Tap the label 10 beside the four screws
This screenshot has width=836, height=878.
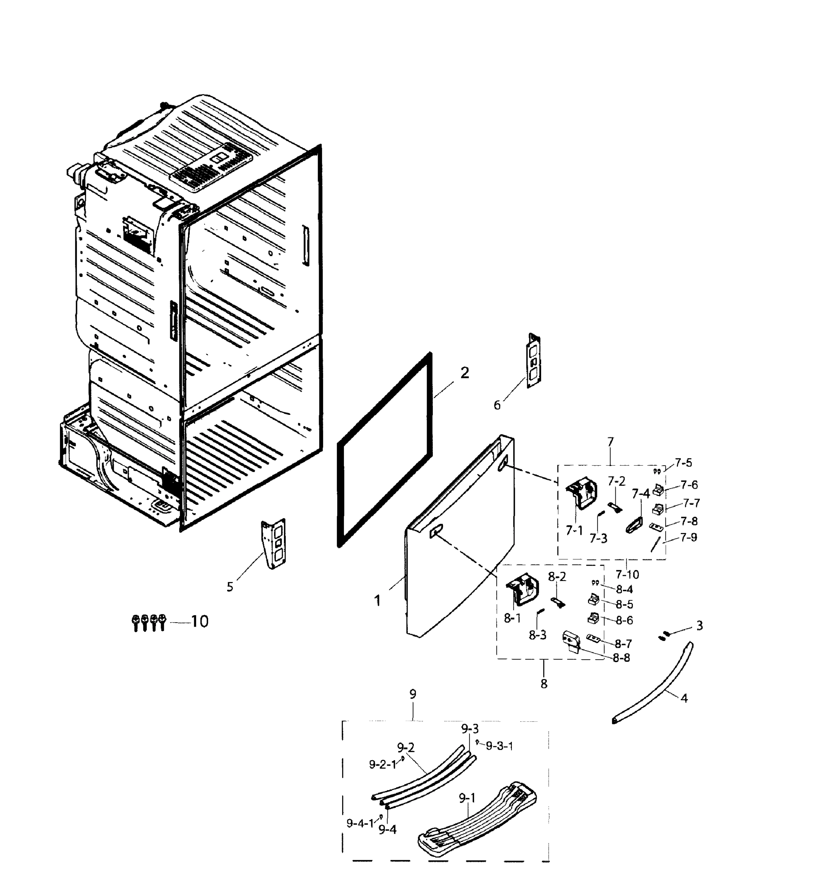(x=200, y=621)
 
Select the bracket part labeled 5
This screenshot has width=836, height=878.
(x=274, y=543)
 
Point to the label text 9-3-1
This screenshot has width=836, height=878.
(x=499, y=746)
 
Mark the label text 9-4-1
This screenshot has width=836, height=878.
(x=360, y=823)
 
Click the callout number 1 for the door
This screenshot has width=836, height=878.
(x=378, y=601)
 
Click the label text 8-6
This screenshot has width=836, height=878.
(x=624, y=620)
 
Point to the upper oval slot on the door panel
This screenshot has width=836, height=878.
(x=502, y=466)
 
